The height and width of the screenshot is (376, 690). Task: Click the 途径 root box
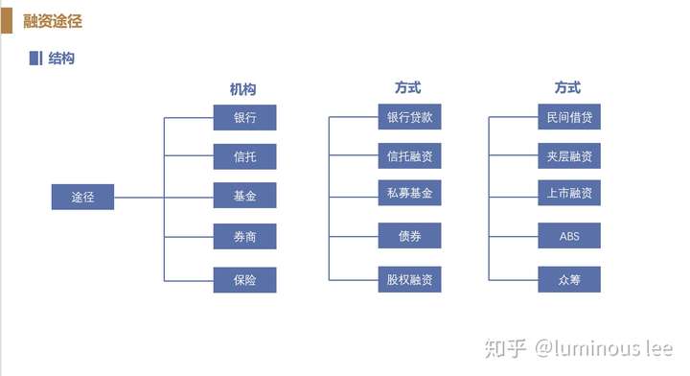[x=82, y=197]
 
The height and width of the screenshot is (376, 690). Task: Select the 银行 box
[x=244, y=117]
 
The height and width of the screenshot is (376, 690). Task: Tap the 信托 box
[x=244, y=156]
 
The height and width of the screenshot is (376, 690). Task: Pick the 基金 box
[x=244, y=196]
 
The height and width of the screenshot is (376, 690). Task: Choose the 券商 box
[x=244, y=236]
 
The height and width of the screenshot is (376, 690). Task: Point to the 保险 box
[x=244, y=279]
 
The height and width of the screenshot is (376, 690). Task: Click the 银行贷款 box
[x=409, y=116]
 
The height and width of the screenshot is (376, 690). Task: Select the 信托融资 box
[x=409, y=155]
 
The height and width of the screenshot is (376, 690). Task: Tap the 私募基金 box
[x=409, y=193]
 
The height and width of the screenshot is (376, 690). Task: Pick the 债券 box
[x=409, y=235]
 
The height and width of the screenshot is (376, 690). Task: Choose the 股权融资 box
[x=409, y=279]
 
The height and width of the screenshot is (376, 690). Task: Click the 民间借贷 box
[x=569, y=116]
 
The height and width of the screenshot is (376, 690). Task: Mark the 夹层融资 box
[x=569, y=155]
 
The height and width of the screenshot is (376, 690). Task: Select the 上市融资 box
[x=569, y=193]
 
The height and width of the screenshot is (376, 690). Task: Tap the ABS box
[x=569, y=235]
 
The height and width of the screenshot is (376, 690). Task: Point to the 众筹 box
[x=569, y=279]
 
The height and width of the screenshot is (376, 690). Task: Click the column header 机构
[x=242, y=89]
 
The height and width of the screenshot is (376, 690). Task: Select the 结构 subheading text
[x=61, y=59]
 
